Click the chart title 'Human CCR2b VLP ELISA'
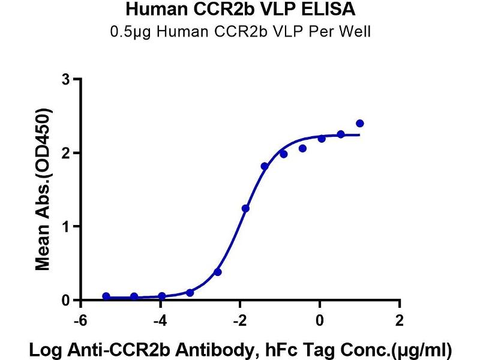(x=240, y=10)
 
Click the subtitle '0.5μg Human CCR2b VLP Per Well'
(x=240, y=31)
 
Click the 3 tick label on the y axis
(x=67, y=80)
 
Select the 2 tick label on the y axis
(x=67, y=154)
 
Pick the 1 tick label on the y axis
(x=67, y=227)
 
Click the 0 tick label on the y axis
(x=67, y=300)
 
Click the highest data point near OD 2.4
(x=360, y=124)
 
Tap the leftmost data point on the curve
(x=106, y=296)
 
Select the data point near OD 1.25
(x=245, y=208)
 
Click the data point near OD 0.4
(x=218, y=272)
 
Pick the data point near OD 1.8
(x=265, y=166)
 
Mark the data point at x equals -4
(x=162, y=296)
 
